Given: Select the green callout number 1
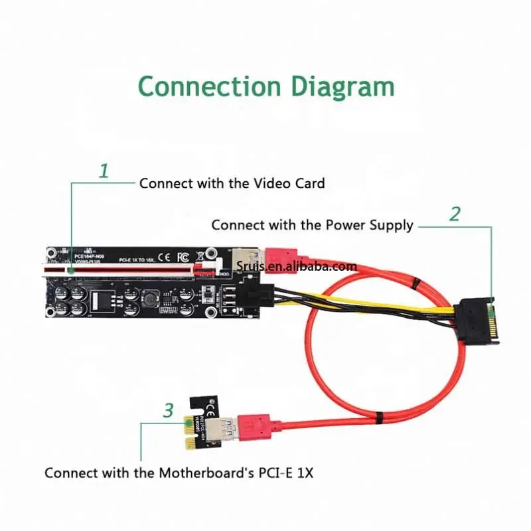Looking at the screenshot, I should click(104, 171).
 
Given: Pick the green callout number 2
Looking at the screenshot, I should click(455, 214).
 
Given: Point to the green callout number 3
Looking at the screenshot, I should click(169, 410).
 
